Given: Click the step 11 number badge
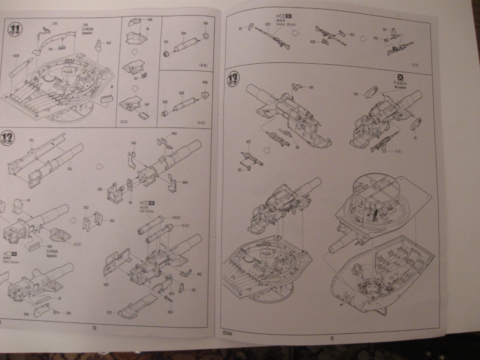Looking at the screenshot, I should (x=15, y=29).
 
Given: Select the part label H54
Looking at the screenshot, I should (x=184, y=33).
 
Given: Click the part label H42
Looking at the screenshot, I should (x=109, y=43).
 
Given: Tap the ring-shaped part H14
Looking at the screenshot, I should (x=206, y=36).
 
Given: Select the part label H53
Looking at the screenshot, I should (x=181, y=93).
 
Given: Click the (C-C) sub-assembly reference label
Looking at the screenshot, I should (x=125, y=121).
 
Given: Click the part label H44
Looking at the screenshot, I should (x=185, y=182).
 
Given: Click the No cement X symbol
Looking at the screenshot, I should (x=400, y=78).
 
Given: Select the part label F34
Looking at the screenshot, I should (x=356, y=94).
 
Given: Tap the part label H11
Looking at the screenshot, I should (x=311, y=87).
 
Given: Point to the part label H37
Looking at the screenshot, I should (x=352, y=34).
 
